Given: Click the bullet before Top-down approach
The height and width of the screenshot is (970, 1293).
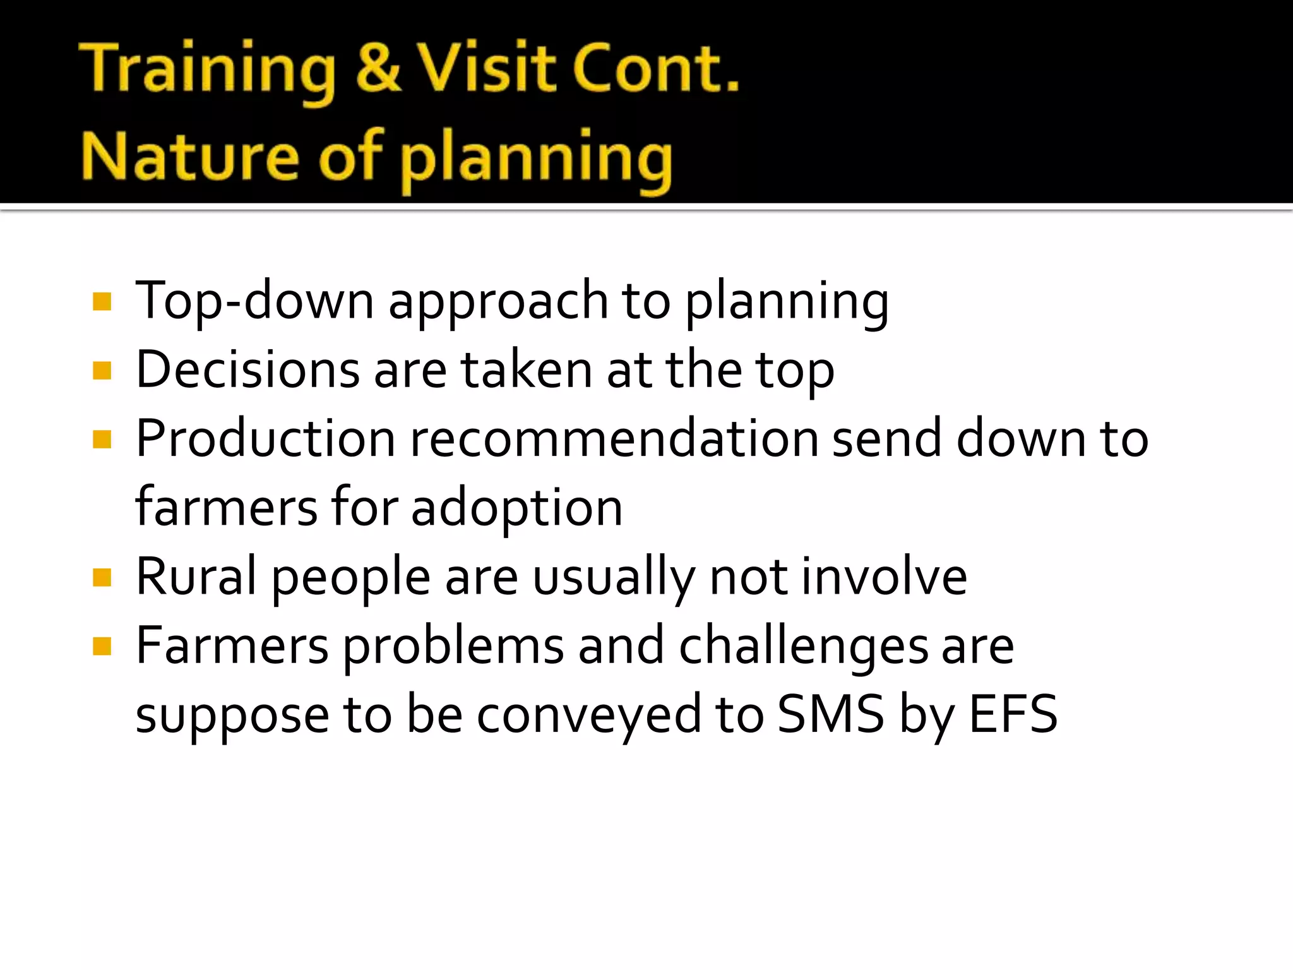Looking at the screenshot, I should (102, 302).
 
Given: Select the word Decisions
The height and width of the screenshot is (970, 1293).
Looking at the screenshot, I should (247, 369).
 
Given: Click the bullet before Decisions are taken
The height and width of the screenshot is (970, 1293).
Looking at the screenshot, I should (102, 371).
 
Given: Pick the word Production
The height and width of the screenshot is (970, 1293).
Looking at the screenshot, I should (265, 438).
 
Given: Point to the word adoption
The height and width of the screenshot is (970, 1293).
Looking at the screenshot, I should (516, 508).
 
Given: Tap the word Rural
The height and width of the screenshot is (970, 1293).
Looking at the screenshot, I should (196, 576).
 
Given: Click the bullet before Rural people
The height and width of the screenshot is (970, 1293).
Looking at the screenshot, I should (102, 577).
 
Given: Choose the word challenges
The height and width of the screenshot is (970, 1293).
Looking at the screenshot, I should (803, 647).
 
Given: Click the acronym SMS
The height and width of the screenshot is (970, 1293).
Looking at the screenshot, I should (830, 714).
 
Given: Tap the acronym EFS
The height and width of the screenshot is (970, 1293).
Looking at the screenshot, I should (1013, 714).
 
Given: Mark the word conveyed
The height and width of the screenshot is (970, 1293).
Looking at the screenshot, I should (588, 716).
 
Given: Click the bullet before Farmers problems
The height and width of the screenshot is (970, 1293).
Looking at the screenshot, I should (102, 647).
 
